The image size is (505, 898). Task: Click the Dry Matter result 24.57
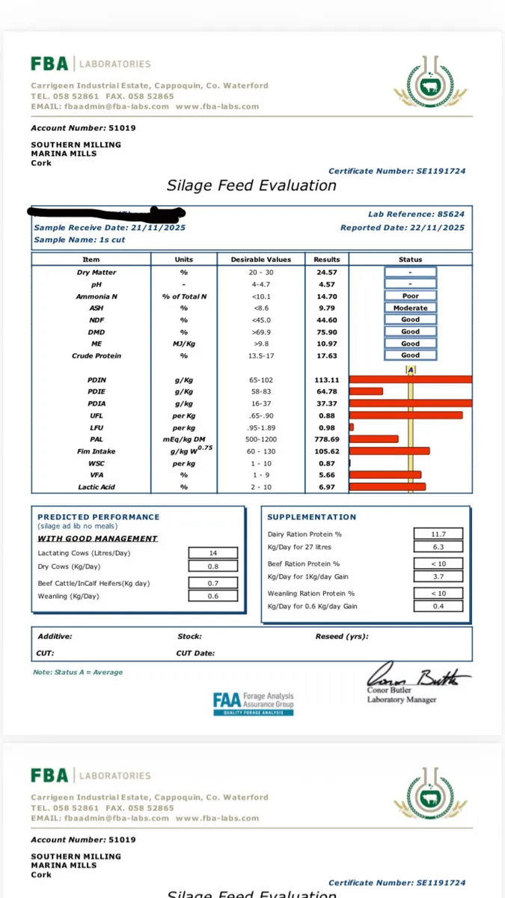pos(326,272)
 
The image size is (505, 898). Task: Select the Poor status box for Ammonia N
pos(410,296)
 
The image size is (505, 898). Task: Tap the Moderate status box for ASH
pos(410,308)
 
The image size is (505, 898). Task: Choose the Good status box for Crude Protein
pos(410,355)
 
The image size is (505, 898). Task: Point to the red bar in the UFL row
pos(405,415)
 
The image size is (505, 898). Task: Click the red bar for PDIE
pos(366,391)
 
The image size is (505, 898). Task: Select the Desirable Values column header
pos(260,260)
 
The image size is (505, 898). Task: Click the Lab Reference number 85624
pos(451,214)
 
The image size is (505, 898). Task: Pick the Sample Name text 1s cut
pos(111,240)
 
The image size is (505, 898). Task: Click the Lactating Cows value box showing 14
pos(212,553)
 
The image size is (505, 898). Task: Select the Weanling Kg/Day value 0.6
pos(212,596)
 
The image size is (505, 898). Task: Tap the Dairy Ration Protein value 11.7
pos(438,534)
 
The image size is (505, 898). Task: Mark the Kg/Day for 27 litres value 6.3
pos(438,547)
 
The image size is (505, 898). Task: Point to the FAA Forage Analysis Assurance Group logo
pos(253,703)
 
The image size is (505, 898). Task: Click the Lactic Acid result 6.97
pos(326,487)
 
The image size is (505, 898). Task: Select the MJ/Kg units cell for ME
pos(183,343)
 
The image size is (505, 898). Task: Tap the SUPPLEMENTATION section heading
pos(312,517)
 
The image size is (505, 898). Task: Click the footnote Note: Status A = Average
pos(78,672)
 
